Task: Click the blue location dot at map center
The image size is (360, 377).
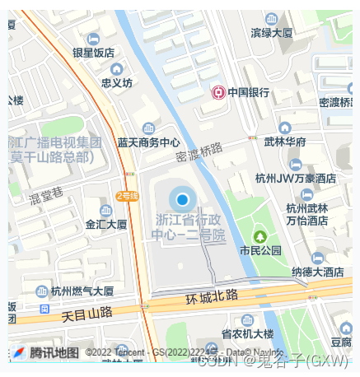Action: tap(183, 199)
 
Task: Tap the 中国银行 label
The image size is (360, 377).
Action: tap(249, 92)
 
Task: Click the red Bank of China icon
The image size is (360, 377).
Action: tap(219, 92)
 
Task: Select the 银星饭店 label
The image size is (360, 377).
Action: tap(93, 52)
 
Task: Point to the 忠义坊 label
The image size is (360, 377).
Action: tap(116, 82)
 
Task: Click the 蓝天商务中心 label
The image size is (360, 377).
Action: tap(148, 142)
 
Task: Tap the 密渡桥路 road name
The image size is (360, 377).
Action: tap(200, 152)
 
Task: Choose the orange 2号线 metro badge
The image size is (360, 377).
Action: tap(127, 196)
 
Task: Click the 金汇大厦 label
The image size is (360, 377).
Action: tap(106, 224)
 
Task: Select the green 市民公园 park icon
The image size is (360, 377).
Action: tap(260, 236)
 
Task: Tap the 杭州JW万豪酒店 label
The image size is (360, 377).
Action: tap(296, 178)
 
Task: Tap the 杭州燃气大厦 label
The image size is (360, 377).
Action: tap(82, 291)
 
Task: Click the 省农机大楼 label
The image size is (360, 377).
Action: tap(246, 333)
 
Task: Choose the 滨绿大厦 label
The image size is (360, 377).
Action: tap(272, 33)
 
